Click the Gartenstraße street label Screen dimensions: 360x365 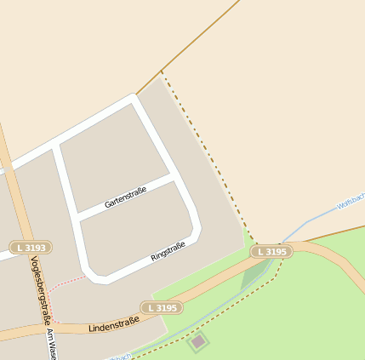(125, 197)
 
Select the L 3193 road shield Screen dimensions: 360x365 (31, 248)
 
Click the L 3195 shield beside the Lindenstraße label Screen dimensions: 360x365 (162, 307)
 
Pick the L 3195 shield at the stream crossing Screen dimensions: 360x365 (271, 252)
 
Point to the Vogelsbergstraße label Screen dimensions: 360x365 (37, 289)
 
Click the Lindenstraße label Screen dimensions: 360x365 (113, 323)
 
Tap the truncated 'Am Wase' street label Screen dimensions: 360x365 (51, 344)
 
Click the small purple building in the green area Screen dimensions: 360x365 (198, 342)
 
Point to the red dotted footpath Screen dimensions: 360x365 (60, 284)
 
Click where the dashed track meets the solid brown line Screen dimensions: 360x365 (161, 71)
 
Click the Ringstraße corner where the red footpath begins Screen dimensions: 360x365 (88, 275)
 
